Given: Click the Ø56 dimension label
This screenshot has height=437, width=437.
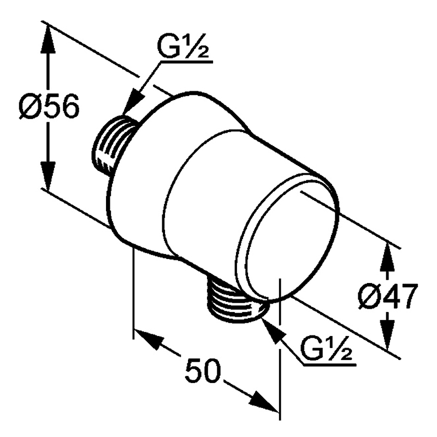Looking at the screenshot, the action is pyautogui.click(x=49, y=106).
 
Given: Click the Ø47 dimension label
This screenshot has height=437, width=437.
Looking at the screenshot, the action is pyautogui.click(x=388, y=297).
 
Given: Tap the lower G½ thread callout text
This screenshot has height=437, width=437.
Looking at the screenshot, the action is pyautogui.click(x=326, y=349).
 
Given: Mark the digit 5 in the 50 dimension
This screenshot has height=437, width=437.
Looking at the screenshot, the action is pyautogui.click(x=194, y=370).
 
